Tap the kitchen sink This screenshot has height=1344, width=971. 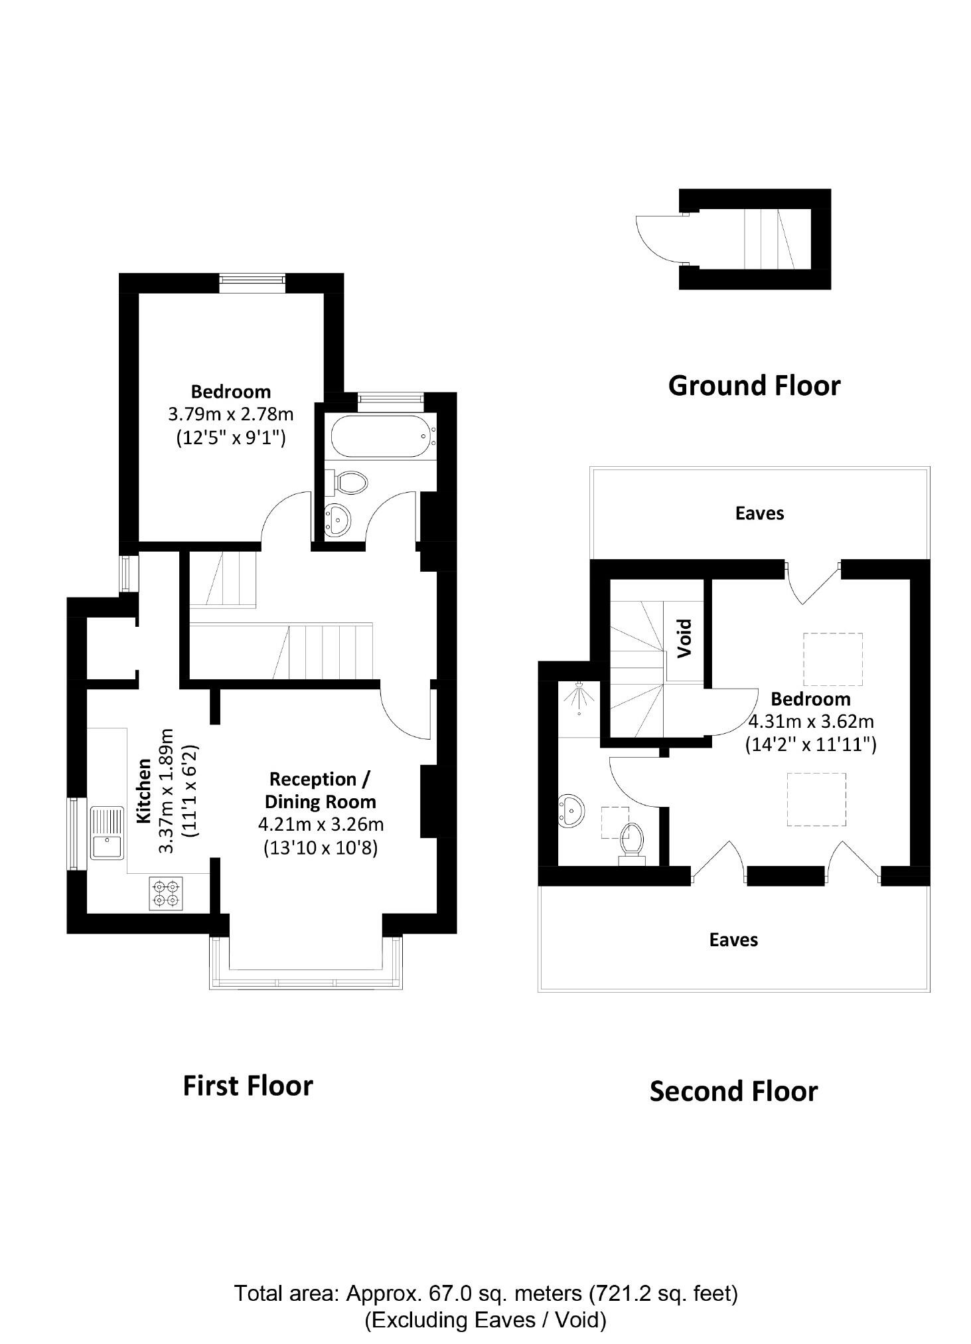[x=107, y=833]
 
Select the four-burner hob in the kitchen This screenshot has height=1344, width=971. [x=166, y=893]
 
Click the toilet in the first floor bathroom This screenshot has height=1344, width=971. [x=348, y=482]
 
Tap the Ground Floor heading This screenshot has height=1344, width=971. [x=754, y=386]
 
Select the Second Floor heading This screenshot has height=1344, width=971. [x=733, y=1092]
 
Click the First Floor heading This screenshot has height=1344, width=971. [x=248, y=1086]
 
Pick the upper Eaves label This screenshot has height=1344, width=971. [x=759, y=513]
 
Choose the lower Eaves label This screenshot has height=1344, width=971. [x=733, y=940]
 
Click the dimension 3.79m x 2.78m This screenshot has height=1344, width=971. [x=230, y=415]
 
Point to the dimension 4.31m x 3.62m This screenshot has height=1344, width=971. [x=810, y=722]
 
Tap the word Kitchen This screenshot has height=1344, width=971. [x=144, y=791]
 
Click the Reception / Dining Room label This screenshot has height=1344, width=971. [x=320, y=790]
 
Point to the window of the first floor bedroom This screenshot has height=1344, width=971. [x=253, y=283]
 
